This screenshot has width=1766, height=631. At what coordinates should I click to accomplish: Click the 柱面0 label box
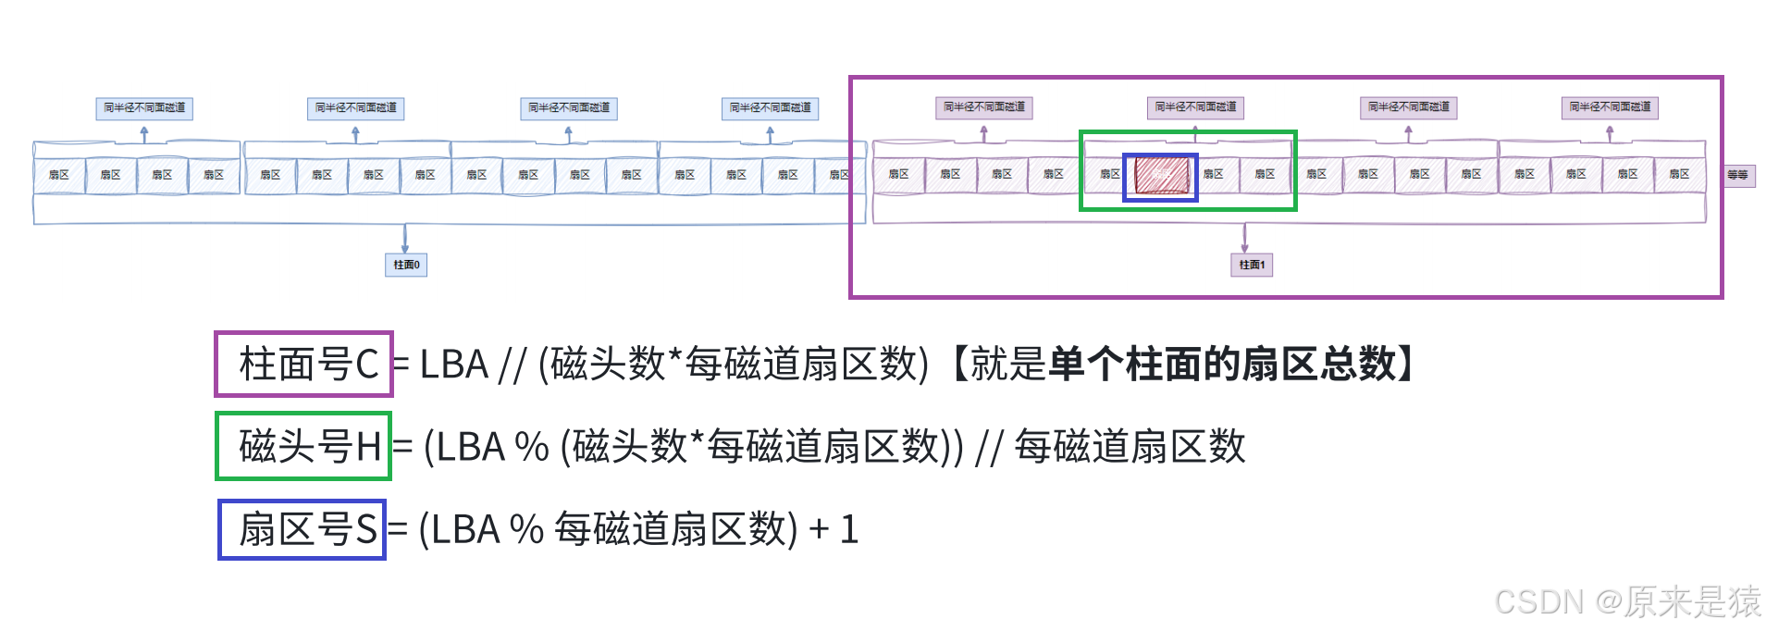(406, 265)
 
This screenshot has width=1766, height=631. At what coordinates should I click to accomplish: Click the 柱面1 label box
(1252, 265)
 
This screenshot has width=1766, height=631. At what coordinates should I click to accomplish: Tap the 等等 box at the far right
(1738, 175)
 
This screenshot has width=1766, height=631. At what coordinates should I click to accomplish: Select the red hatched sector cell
(1161, 175)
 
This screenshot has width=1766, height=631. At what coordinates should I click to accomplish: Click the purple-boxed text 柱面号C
(309, 365)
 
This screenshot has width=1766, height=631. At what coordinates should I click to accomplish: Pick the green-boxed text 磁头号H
(309, 447)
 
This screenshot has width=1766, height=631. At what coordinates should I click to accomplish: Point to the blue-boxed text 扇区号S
(307, 530)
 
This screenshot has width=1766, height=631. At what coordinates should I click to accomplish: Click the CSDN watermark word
(1538, 601)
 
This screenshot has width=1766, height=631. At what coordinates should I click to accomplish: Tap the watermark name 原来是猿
(1691, 601)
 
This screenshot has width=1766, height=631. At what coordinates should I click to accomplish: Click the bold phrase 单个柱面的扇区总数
(1221, 365)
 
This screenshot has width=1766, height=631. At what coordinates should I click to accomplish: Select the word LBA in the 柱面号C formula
(453, 365)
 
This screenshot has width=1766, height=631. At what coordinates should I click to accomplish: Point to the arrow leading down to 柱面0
(405, 238)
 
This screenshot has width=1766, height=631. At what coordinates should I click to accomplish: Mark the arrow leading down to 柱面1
(1245, 238)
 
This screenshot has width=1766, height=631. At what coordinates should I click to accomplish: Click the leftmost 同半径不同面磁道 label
(144, 108)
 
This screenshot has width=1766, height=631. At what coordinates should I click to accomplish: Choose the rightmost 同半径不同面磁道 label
(1610, 107)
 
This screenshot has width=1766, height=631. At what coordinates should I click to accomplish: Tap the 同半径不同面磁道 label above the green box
(1195, 107)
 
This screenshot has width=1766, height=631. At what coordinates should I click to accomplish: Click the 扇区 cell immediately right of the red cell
(1213, 175)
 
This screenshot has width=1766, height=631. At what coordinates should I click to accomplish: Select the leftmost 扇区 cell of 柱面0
(59, 175)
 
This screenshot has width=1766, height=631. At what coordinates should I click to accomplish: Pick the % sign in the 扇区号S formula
(526, 530)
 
